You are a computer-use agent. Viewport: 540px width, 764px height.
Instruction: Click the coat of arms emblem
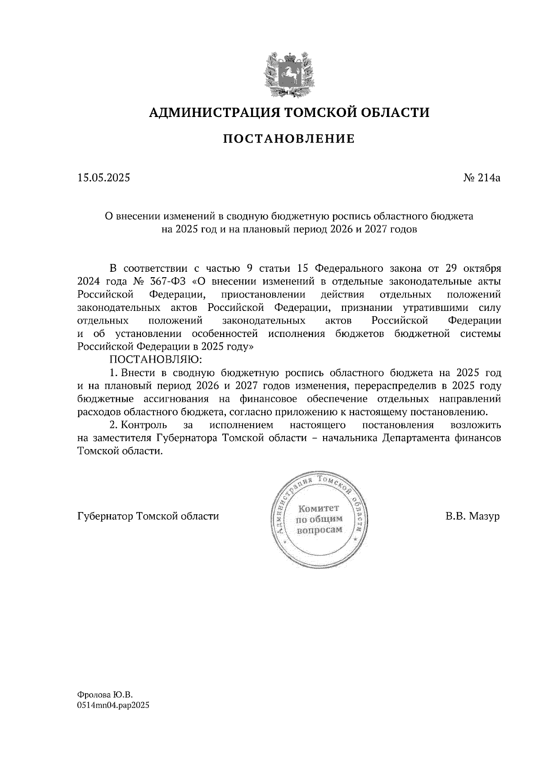[x=289, y=74]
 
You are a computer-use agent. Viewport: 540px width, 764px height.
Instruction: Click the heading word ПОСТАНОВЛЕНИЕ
[x=289, y=139]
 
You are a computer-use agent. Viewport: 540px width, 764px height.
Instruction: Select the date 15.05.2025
[x=103, y=178]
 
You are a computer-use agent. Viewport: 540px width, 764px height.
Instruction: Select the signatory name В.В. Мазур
[x=472, y=516]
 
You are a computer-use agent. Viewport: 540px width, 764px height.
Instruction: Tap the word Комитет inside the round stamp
[x=318, y=508]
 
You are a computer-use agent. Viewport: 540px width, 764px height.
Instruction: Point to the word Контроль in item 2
[x=144, y=425]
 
